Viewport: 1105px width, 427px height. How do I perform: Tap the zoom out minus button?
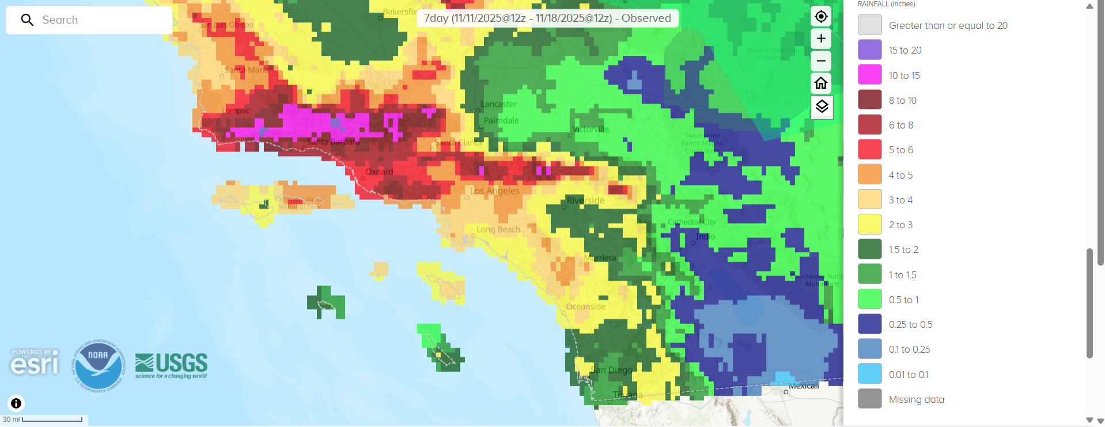[821, 61]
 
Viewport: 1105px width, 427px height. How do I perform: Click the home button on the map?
[821, 84]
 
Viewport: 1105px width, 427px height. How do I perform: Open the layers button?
[822, 107]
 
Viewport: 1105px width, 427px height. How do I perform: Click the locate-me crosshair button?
[821, 17]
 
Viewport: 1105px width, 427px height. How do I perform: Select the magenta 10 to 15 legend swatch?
[869, 75]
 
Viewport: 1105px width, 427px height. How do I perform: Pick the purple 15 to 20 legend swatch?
[869, 50]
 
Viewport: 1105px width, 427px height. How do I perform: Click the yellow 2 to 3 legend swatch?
[869, 225]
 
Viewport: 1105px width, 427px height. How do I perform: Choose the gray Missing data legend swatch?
[869, 399]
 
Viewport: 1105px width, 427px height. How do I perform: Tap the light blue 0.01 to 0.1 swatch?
[869, 374]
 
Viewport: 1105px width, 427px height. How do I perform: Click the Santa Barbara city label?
[333, 142]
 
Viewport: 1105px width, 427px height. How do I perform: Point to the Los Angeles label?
[495, 191]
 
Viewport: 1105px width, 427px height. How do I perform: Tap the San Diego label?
[612, 370]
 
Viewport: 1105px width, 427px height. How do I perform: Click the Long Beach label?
[498, 229]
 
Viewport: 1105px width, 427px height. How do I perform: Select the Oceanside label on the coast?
[586, 307]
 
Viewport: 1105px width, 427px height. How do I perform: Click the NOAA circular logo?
[98, 365]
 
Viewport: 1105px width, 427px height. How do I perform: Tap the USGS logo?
[171, 365]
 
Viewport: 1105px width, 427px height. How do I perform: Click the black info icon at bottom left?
[16, 403]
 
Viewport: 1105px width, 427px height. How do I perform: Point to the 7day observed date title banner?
[547, 18]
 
